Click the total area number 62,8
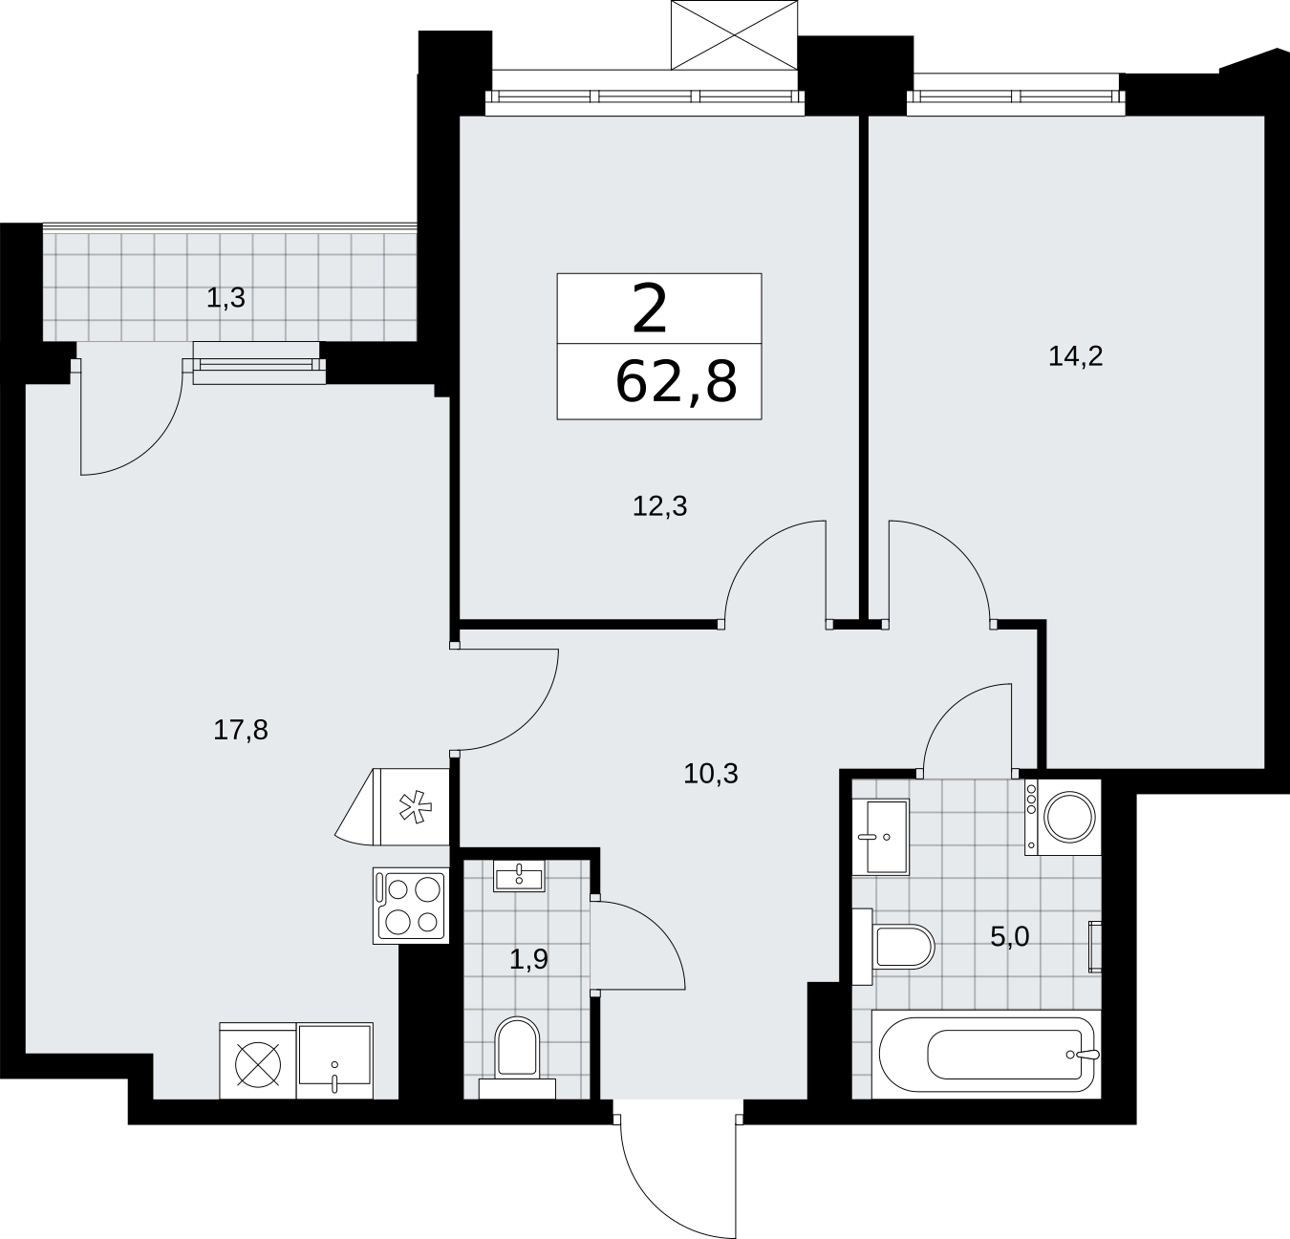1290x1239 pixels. (677, 383)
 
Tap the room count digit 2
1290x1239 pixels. (650, 309)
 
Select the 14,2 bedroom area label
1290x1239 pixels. (1075, 357)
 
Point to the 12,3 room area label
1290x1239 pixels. (659, 506)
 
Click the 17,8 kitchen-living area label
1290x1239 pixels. (241, 730)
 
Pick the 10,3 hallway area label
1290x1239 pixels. (711, 773)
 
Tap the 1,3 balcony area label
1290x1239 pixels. (226, 298)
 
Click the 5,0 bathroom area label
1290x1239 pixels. (1010, 937)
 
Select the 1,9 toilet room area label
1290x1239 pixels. (528, 959)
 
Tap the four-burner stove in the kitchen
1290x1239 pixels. (411, 905)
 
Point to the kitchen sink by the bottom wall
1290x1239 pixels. (335, 1060)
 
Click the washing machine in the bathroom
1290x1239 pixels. (1063, 818)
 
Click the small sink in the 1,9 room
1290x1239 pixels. (519, 876)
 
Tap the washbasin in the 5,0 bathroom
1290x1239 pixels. (881, 837)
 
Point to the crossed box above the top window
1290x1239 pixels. (734, 34)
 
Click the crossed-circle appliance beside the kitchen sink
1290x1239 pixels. (258, 1061)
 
